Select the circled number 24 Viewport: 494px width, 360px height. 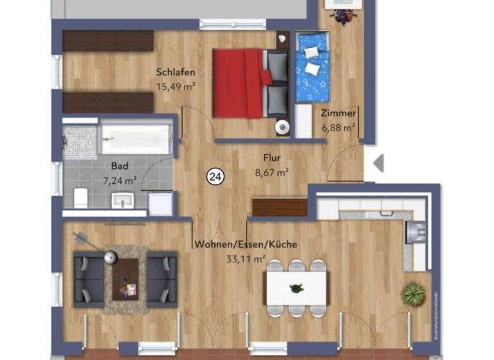pyautogui.click(x=215, y=175)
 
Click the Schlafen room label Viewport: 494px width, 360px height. pyautogui.click(x=176, y=73)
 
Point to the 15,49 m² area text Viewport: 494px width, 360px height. pyautogui.click(x=176, y=85)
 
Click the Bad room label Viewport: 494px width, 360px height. pyautogui.click(x=120, y=166)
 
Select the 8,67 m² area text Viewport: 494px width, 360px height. pyautogui.click(x=271, y=172)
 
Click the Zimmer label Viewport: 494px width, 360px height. pyautogui.click(x=338, y=114)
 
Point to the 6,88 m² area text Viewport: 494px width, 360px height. pyautogui.click(x=338, y=127)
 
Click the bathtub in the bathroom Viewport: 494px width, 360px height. pyautogui.click(x=136, y=139)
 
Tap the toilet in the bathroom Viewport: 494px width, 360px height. pyautogui.click(x=80, y=197)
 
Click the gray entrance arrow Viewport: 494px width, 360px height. pyautogui.click(x=379, y=163)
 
